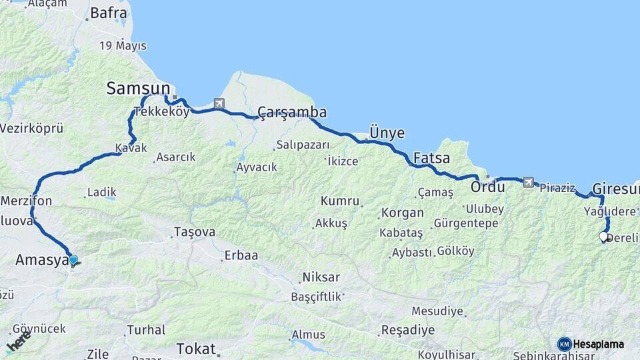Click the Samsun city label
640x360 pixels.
click(139, 89)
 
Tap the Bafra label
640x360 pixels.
click(108, 12)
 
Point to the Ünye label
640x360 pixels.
click(387, 133)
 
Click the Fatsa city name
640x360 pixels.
click(431, 159)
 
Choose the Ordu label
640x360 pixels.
click(487, 187)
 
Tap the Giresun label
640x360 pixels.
click(615, 189)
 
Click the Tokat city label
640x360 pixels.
click(196, 349)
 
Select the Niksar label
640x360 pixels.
click(321, 277)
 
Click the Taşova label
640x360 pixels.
click(194, 232)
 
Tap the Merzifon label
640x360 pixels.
click(27, 201)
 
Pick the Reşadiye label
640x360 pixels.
click(407, 330)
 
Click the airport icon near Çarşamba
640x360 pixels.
click(219, 103)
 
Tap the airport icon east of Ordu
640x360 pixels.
click(528, 181)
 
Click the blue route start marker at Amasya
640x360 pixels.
click(73, 260)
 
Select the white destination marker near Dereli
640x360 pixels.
click(603, 237)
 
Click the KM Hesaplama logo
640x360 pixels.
click(591, 344)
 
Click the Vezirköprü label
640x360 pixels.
click(31, 128)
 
